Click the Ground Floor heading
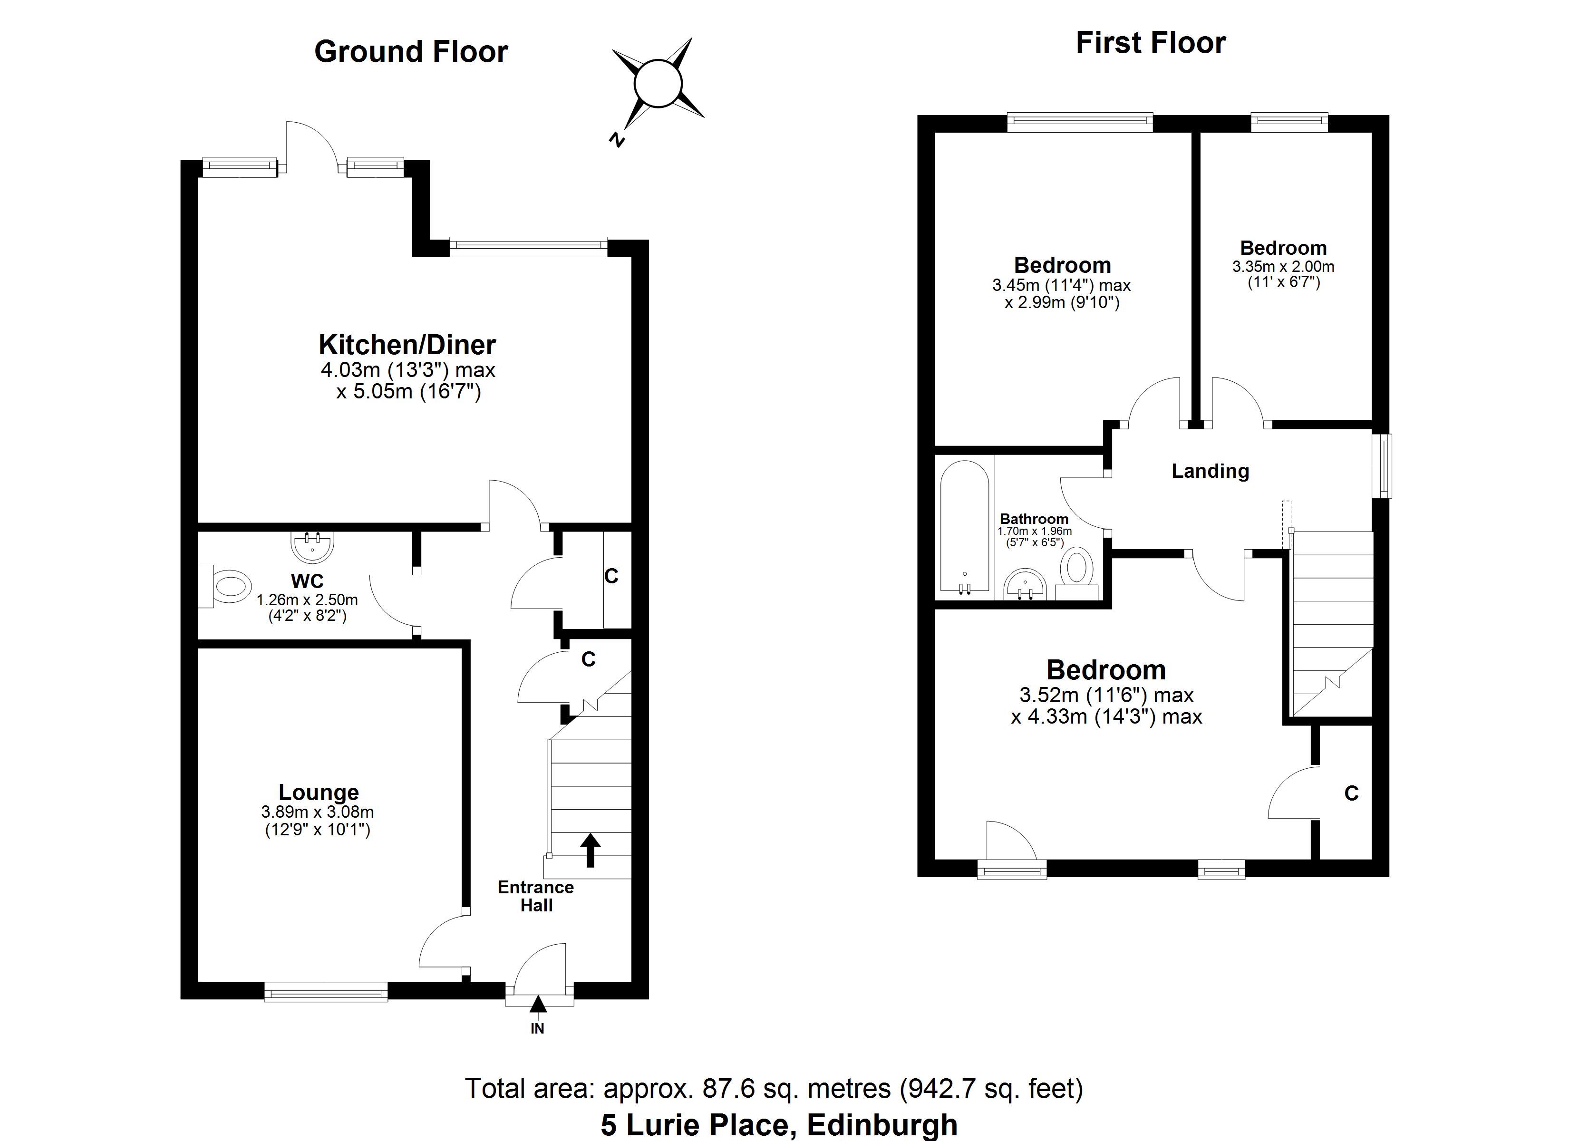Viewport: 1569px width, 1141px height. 411,52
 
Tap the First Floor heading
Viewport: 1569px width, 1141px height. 1151,43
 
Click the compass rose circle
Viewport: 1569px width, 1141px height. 658,84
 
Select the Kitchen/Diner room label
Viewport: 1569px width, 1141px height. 407,345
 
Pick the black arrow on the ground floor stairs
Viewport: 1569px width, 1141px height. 590,850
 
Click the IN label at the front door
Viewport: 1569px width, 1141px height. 538,1029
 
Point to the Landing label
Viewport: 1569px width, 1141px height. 1210,471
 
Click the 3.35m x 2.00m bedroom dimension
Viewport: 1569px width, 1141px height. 1283,266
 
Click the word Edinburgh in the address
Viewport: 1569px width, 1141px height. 882,1125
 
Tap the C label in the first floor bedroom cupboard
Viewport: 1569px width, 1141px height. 1351,793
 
